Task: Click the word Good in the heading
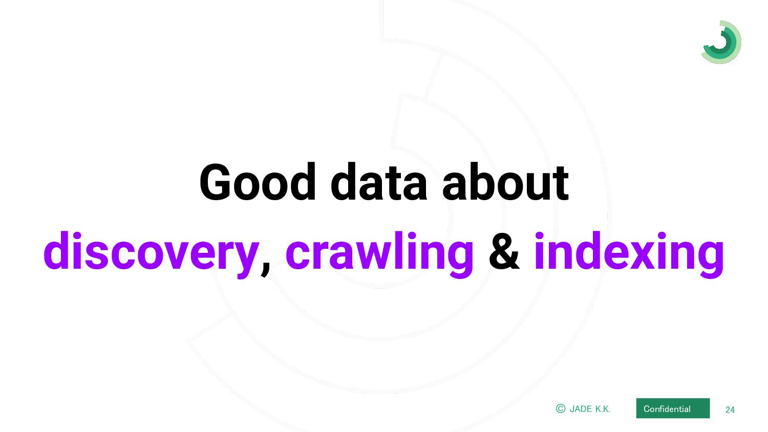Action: tap(258, 182)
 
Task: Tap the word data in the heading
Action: tap(379, 182)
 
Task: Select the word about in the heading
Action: tap(506, 182)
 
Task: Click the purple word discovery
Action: tap(151, 254)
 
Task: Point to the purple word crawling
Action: tap(379, 254)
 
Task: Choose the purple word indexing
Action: tap(629, 254)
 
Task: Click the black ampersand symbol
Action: tap(504, 251)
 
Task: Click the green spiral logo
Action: tap(721, 42)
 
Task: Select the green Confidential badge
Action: tap(673, 408)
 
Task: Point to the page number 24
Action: tap(730, 409)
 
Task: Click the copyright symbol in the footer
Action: tap(561, 408)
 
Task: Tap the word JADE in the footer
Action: tap(581, 409)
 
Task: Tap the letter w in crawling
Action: tap(375, 255)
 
